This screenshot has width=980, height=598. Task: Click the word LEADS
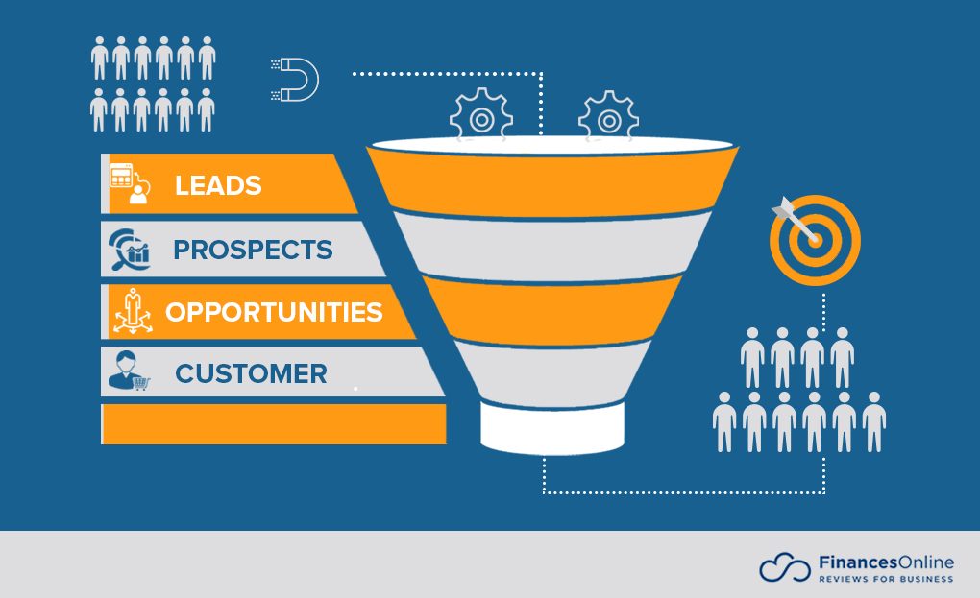[218, 185]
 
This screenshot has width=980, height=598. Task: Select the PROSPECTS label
[253, 250]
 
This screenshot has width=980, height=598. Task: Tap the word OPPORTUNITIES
[274, 312]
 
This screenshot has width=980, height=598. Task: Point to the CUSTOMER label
[251, 373]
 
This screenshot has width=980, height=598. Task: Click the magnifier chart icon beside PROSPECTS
[129, 250]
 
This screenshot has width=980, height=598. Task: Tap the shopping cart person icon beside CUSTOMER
[129, 372]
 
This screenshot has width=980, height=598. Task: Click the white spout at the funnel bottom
[552, 427]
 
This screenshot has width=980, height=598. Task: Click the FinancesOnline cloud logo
[784, 567]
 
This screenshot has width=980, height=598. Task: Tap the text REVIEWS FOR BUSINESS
[885, 579]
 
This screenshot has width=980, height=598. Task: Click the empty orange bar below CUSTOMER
[274, 423]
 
